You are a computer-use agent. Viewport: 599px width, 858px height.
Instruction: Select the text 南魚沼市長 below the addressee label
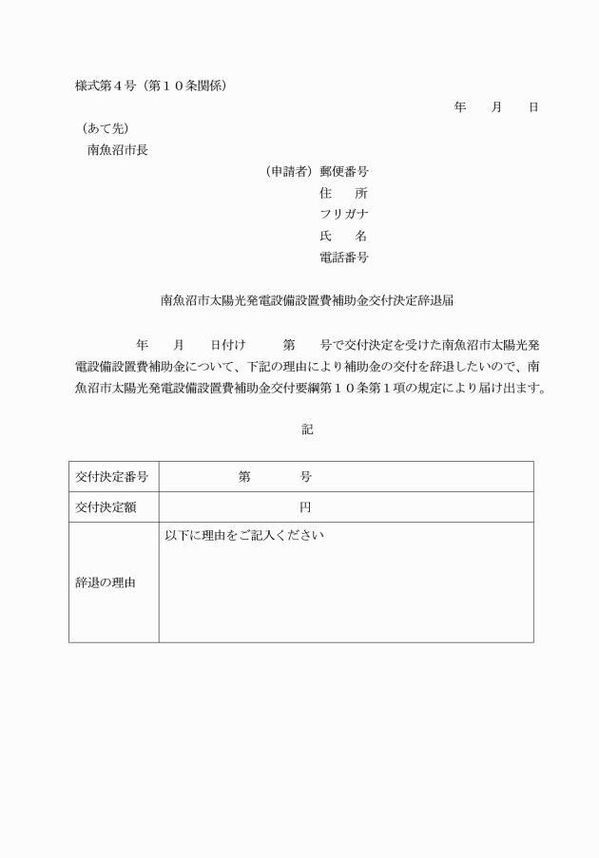[118, 149]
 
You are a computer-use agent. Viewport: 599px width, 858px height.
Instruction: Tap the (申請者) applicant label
[289, 172]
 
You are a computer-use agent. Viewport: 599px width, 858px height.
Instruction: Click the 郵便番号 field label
[344, 172]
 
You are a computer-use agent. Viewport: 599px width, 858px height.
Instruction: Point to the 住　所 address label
[344, 193]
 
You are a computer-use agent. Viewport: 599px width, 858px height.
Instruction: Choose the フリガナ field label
[344, 214]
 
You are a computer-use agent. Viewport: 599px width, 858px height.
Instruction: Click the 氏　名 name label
[344, 236]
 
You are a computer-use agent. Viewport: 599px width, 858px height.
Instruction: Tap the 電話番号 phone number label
[344, 257]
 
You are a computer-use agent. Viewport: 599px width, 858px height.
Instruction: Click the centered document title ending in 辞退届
[307, 300]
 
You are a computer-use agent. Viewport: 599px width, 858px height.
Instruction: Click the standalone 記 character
[307, 430]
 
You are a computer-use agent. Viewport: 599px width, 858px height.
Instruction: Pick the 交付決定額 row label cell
[106, 507]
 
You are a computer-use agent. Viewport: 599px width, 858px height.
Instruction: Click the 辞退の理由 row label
[106, 582]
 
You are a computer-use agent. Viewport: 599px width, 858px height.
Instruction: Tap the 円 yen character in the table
[305, 507]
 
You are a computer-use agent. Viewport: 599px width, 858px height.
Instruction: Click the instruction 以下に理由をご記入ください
[245, 537]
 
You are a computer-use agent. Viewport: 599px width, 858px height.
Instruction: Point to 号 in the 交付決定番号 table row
[305, 477]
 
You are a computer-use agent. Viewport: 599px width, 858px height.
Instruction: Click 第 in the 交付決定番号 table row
[244, 477]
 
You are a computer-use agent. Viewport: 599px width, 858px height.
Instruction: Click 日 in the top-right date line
[533, 107]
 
